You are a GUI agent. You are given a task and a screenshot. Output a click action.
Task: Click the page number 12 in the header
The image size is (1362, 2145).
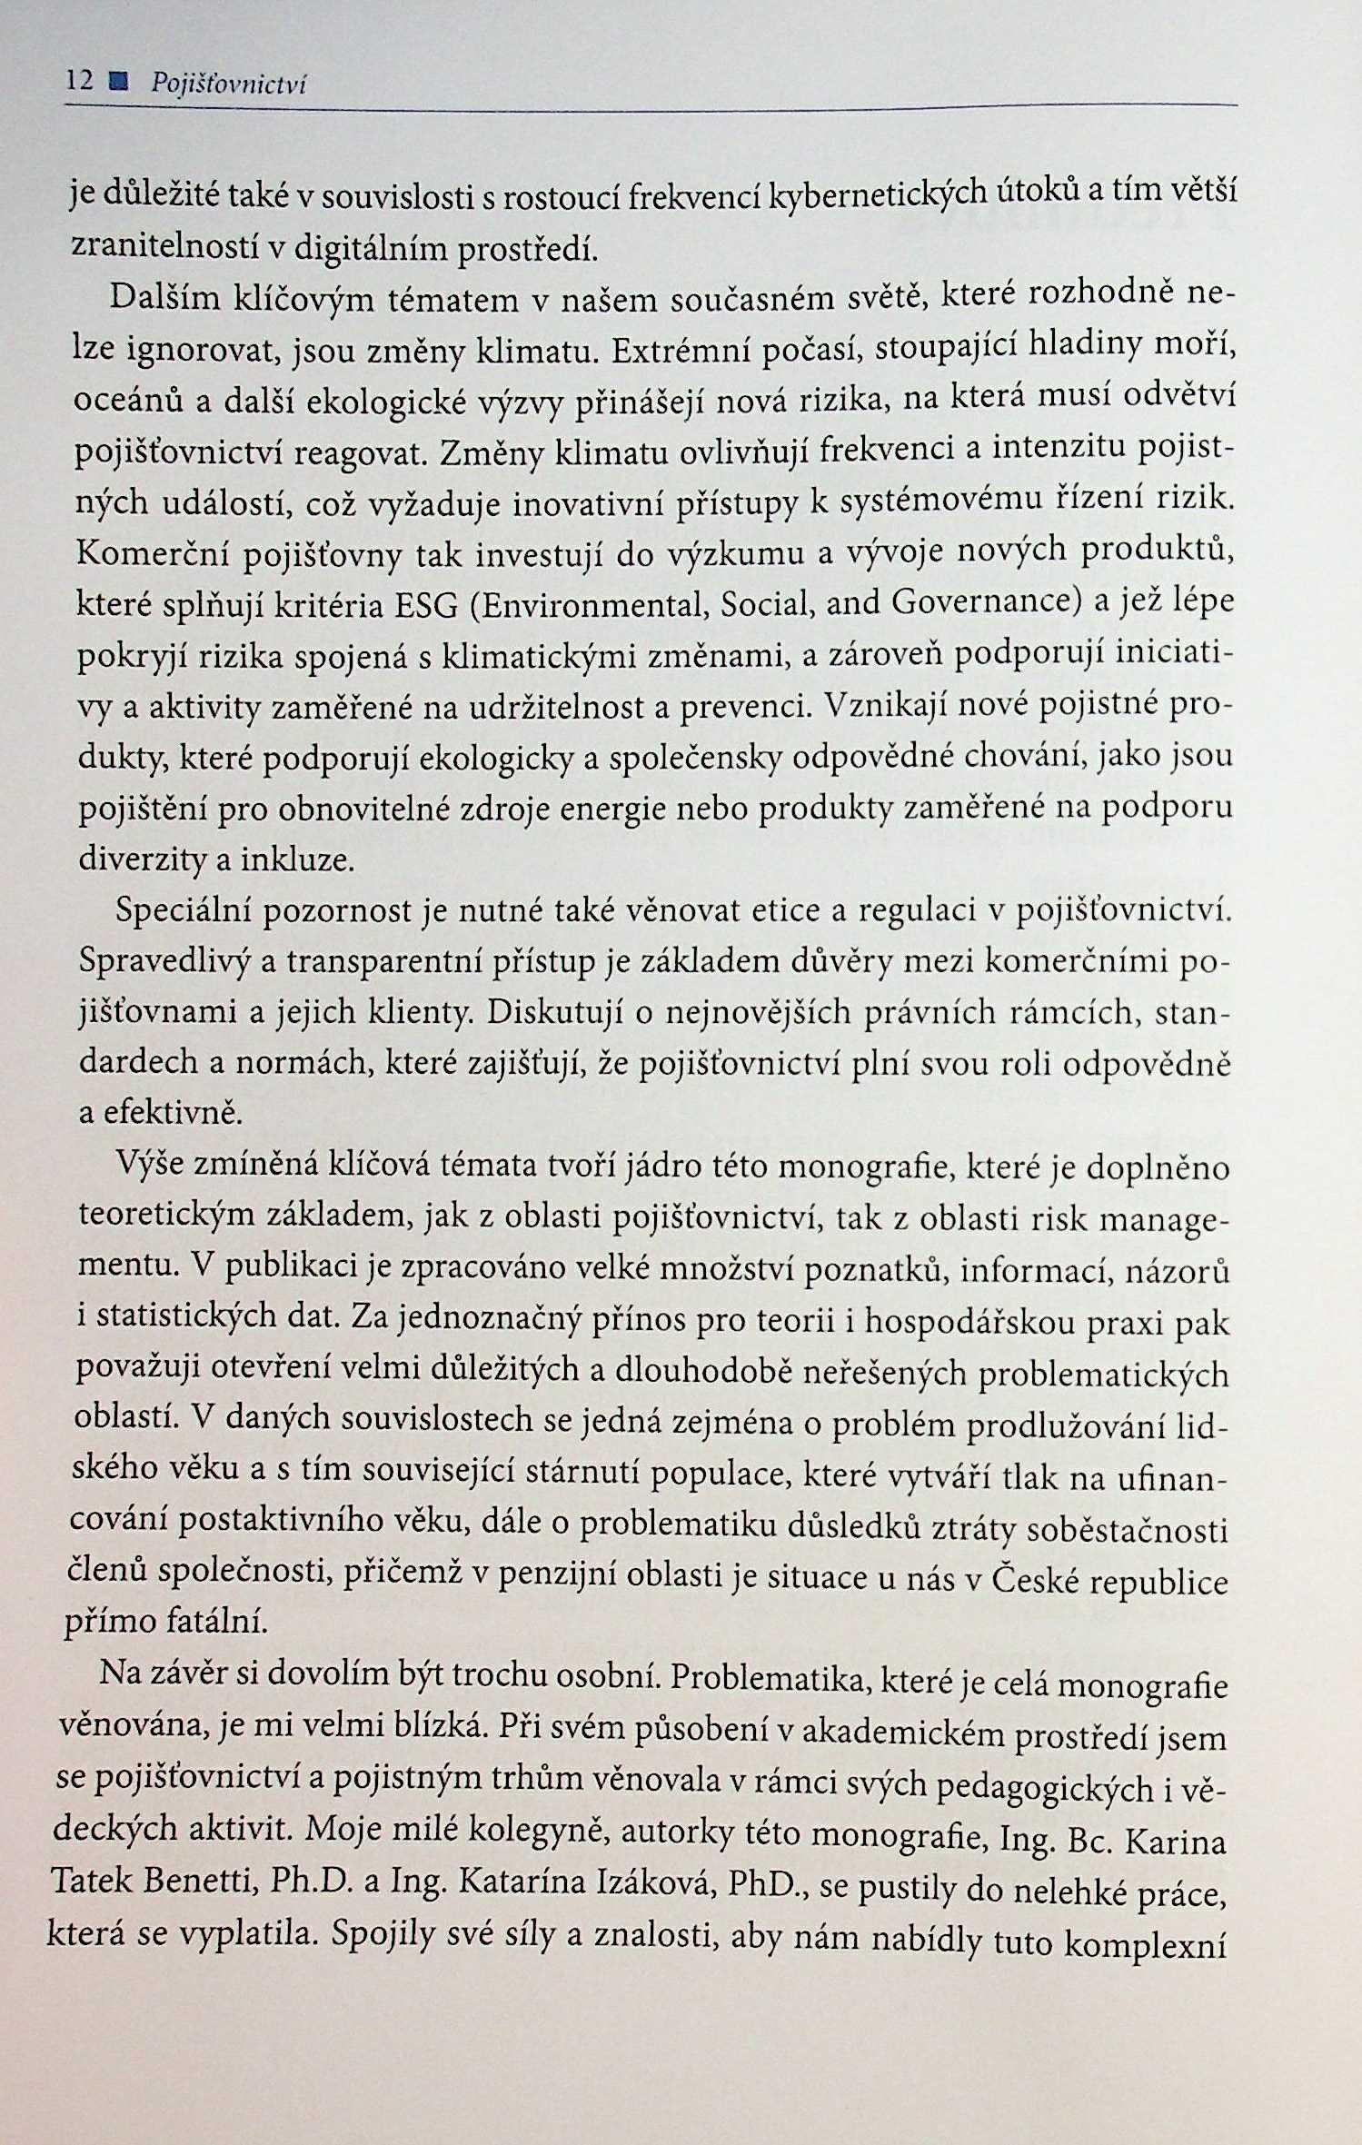(80, 82)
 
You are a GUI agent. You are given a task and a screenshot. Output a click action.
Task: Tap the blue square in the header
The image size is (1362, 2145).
(117, 83)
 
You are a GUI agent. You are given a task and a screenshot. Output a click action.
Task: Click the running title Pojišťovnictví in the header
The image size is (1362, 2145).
(228, 84)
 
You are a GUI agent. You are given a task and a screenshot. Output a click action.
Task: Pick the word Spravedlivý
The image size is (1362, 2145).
(164, 962)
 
